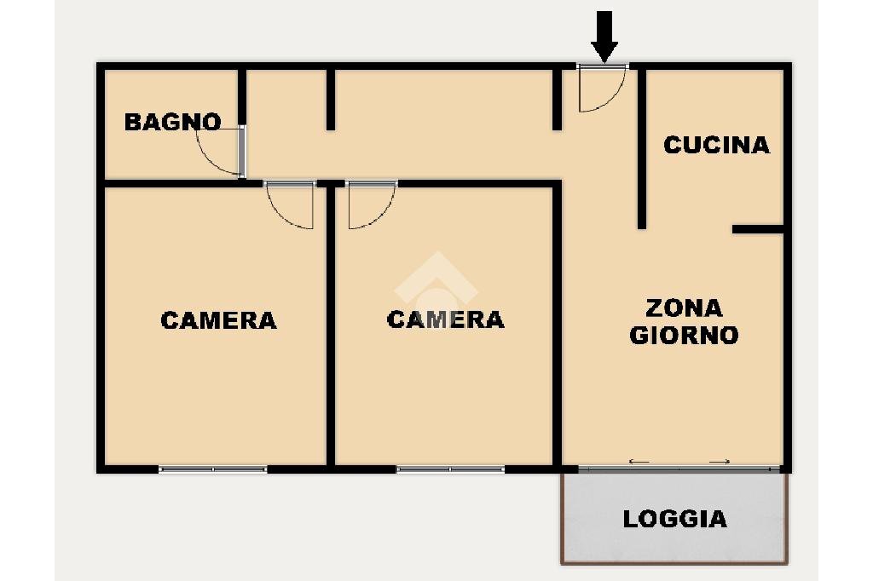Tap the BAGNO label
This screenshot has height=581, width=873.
tap(172, 122)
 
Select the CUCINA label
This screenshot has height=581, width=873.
tap(716, 145)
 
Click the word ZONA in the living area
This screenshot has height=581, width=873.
tap(684, 308)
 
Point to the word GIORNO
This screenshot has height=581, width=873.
tap(684, 335)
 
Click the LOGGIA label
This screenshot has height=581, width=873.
tap(674, 519)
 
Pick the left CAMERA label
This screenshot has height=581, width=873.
tap(218, 320)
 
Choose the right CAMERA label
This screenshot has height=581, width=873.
tap(445, 319)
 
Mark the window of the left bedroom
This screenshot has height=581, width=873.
tap(213, 469)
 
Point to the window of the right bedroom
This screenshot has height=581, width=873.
tap(450, 469)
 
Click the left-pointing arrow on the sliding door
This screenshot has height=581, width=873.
tap(639, 462)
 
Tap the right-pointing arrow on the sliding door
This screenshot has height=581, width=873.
tap(720, 462)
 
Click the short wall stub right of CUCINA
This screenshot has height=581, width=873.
tap(757, 229)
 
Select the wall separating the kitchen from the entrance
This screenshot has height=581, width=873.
tap(642, 149)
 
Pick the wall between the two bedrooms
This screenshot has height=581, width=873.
tap(331, 324)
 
